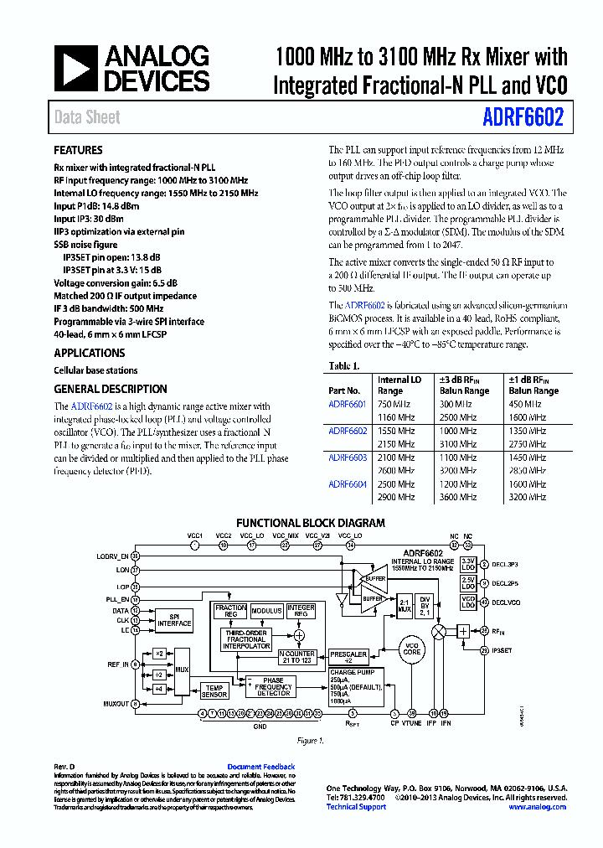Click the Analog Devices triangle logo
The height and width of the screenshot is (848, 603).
tap(76, 69)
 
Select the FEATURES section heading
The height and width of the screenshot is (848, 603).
tap(78, 151)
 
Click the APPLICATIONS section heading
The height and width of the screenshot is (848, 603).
tap(89, 354)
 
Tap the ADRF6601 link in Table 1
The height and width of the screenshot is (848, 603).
tap(347, 405)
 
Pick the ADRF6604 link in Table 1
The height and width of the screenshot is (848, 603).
tap(347, 484)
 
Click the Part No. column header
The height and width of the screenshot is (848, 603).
tap(344, 391)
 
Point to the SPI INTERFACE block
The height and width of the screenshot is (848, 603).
tap(175, 619)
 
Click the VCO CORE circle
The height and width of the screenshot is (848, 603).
tap(411, 649)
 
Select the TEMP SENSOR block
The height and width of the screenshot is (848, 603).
tap(214, 690)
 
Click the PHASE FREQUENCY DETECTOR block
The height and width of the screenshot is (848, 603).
tap(273, 687)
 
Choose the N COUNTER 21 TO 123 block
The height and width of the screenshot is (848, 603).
tap(296, 656)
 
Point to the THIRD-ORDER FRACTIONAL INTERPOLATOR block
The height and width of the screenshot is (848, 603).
tap(246, 640)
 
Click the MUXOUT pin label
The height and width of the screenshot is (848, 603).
tap(116, 704)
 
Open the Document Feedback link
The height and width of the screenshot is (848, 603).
tap(260, 767)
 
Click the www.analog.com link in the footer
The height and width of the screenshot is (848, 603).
tap(537, 807)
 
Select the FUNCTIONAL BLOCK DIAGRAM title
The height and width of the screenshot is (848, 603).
tap(310, 523)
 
